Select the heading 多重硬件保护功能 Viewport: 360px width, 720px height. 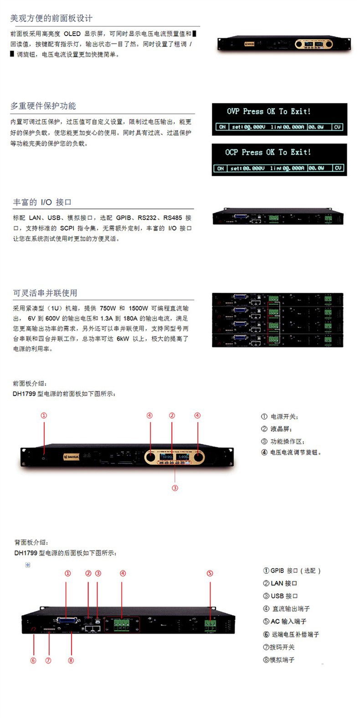(x=43, y=106)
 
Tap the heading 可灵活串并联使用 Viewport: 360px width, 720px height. (x=45, y=293)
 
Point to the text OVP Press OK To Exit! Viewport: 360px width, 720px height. (x=268, y=111)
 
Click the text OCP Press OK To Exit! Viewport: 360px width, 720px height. (x=268, y=152)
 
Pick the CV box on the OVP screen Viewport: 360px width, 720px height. (x=337, y=127)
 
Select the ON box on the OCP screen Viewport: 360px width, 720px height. (x=220, y=168)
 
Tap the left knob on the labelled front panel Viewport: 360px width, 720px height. (x=150, y=457)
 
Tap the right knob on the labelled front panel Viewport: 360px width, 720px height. (x=198, y=457)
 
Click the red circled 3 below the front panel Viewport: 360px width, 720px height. (x=175, y=488)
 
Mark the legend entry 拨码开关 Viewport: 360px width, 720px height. (x=279, y=647)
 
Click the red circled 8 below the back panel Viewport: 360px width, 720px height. (x=71, y=660)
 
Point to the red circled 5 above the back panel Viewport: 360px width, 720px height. (x=210, y=573)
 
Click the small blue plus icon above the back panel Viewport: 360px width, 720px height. (x=28, y=565)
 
